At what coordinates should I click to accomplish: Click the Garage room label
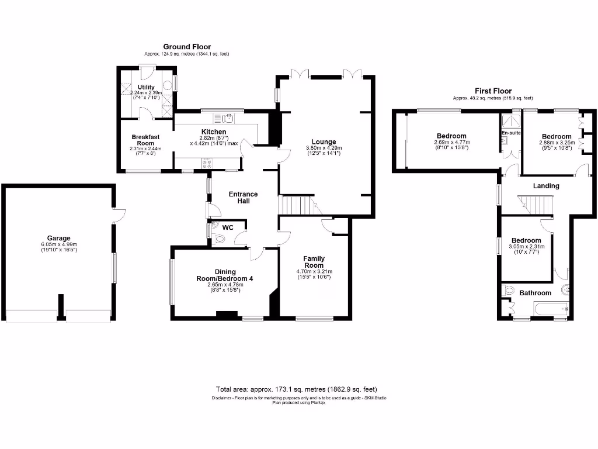point(59,238)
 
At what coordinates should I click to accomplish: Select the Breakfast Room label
point(145,140)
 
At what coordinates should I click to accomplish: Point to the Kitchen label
point(214,132)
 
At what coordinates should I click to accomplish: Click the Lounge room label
point(324,141)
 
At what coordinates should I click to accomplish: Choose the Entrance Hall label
point(244,197)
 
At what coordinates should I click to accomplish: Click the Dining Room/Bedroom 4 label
point(225,275)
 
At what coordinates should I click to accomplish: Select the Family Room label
point(314,262)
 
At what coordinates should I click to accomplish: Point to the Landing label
point(546,186)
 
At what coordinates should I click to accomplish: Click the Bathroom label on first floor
point(536,293)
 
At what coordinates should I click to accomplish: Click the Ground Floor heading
point(187,47)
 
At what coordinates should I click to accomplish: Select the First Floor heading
point(493,91)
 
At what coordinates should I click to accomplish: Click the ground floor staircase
point(295,205)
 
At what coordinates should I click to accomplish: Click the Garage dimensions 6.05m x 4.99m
point(59,245)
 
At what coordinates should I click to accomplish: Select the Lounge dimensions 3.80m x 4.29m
point(324,148)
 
